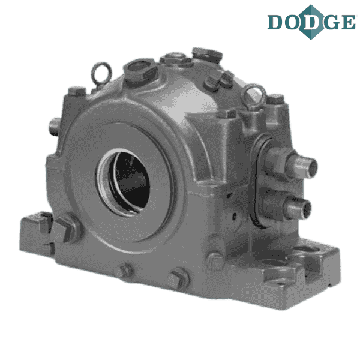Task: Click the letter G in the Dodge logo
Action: pyautogui.click(x=331, y=22)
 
